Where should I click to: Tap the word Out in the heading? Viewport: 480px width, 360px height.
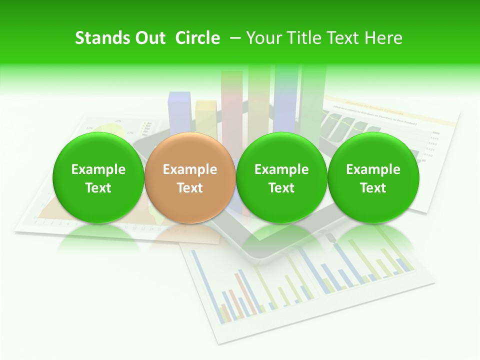tap(148, 38)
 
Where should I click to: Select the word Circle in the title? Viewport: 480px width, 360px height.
tap(197, 38)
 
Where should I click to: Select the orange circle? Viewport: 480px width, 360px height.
tap(190, 177)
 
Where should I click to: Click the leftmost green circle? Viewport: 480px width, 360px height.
tap(98, 177)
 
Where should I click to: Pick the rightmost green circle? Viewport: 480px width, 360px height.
tap(373, 177)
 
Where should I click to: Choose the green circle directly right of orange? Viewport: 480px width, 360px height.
tap(281, 177)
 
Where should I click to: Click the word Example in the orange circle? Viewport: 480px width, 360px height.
tap(190, 169)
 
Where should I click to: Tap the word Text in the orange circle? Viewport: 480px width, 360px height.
tap(190, 188)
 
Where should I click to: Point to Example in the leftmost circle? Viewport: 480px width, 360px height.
tap(98, 169)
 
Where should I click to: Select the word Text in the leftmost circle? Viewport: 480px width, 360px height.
tap(98, 188)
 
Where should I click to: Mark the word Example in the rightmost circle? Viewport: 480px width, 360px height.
tap(373, 169)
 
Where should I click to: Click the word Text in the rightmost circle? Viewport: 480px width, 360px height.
tap(373, 188)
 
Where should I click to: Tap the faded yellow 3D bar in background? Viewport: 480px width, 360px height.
tap(206, 117)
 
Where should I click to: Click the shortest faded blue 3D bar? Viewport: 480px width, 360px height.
tap(179, 112)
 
